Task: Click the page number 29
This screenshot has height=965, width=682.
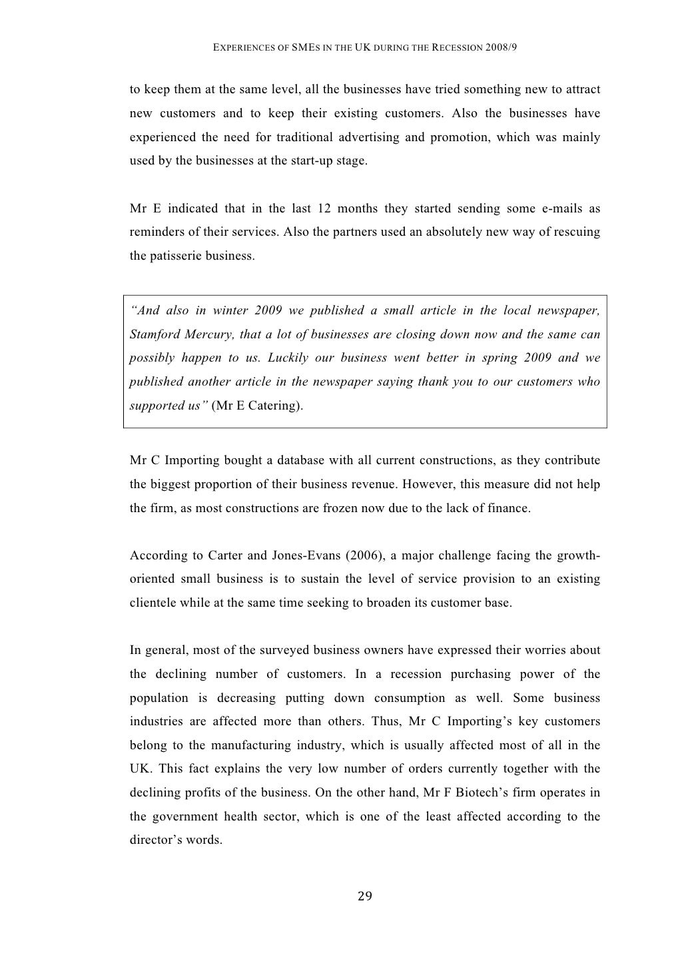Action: (364, 896)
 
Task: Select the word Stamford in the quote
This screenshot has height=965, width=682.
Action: (153, 334)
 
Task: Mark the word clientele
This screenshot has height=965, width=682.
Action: (153, 603)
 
